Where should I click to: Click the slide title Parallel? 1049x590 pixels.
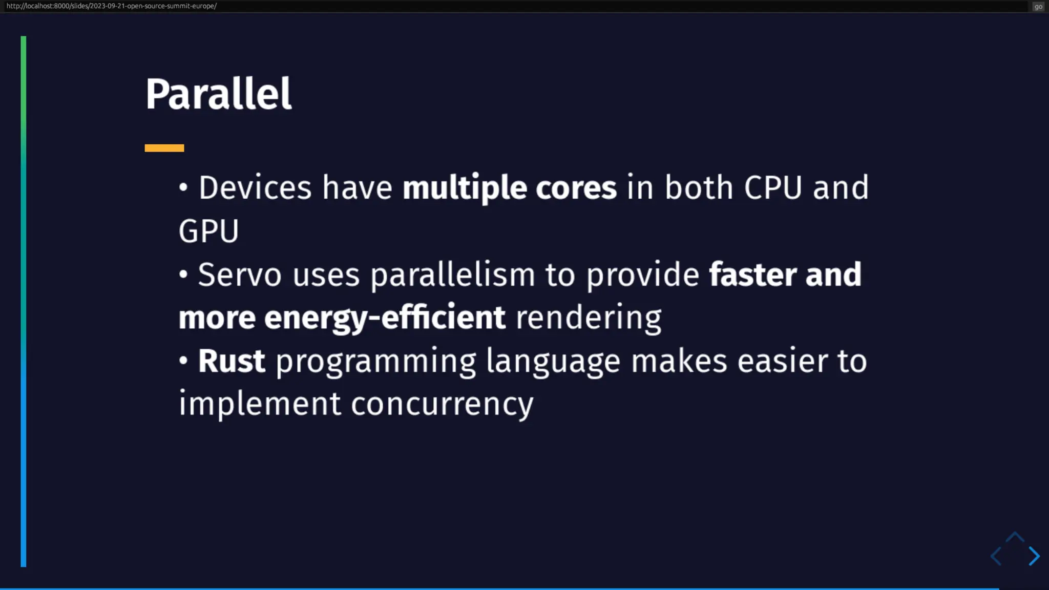pos(219,94)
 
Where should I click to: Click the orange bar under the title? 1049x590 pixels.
pos(164,148)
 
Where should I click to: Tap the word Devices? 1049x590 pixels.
pos(255,187)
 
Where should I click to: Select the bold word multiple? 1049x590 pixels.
pos(465,188)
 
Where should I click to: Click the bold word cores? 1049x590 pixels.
pos(576,188)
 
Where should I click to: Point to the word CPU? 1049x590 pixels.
pos(772,187)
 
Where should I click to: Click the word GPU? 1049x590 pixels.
pos(208,231)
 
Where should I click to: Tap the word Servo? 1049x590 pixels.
pos(240,275)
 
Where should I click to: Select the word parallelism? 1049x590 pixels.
pos(453,275)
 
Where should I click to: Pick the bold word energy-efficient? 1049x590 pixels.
pos(385,318)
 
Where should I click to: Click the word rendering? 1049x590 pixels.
pos(589,318)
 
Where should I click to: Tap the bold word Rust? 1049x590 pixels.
pos(232,361)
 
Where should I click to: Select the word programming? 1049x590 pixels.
pos(376,362)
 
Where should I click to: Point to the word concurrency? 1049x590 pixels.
pos(442,405)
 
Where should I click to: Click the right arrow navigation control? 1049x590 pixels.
pos(1034,556)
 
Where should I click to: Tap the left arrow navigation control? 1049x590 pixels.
pos(996,556)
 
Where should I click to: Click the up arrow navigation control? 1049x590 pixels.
pos(1015,538)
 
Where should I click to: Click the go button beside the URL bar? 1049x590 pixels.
pos(1038,7)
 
